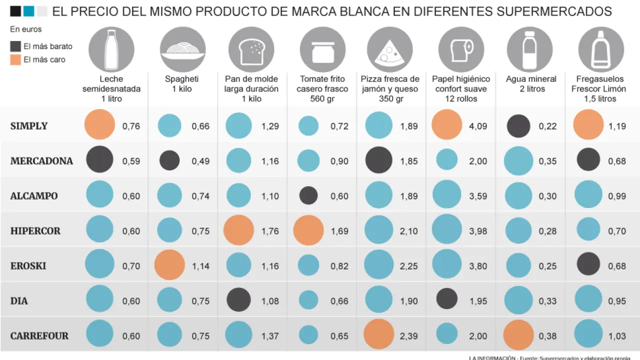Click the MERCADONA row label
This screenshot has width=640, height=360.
pos(41,161)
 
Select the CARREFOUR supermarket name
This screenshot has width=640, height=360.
pos(39,336)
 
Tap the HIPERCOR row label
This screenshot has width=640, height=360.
pos(35,231)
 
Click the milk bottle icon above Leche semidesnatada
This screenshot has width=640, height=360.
pos(111,49)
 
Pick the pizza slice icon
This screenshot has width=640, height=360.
pos(389,49)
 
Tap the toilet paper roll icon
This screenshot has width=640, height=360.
pos(461,49)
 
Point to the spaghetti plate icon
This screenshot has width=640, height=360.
pos(182,49)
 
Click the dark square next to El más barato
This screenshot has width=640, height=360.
pos(15,46)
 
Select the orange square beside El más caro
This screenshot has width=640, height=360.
pos(15,59)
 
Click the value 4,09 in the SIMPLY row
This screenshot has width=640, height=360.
pos(478,126)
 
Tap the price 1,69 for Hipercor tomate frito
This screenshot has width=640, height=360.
pos(339,231)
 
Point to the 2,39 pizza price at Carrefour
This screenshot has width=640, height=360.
pos(408,336)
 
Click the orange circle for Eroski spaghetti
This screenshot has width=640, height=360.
pos(169,265)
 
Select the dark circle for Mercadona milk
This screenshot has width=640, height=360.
pos(100,160)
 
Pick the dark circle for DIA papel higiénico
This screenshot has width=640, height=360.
pos(446,299)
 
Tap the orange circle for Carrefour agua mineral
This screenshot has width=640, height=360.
pos(518,335)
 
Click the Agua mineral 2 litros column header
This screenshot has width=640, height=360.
pos(531,84)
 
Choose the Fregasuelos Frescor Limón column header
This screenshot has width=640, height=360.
pos(599,88)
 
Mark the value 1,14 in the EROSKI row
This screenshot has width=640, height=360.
pos(200,266)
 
